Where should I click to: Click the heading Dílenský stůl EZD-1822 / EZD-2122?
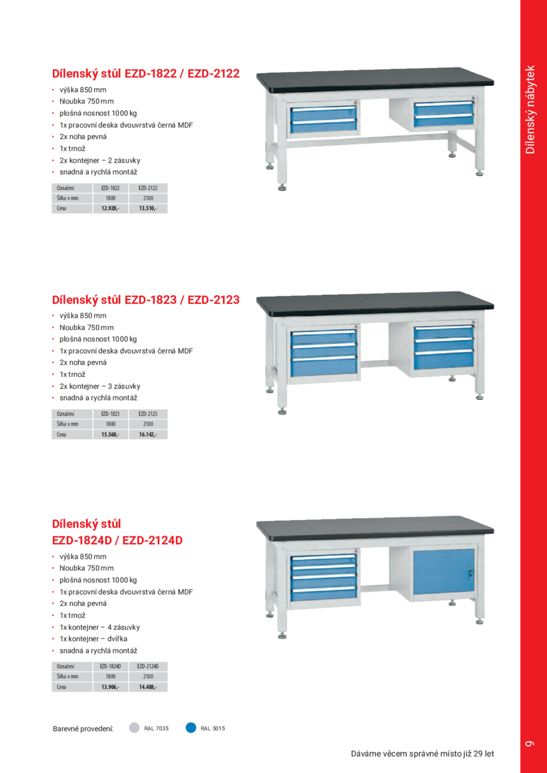(146, 74)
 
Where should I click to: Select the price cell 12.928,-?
(110, 209)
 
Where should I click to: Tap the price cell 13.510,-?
(148, 209)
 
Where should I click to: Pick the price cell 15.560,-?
(110, 435)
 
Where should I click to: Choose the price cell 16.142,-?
(148, 435)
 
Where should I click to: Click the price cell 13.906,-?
(110, 687)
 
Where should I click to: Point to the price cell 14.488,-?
(148, 687)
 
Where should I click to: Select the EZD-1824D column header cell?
(110, 666)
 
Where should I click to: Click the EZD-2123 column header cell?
(148, 414)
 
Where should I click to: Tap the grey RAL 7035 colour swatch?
(134, 728)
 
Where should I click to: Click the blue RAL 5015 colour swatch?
(190, 728)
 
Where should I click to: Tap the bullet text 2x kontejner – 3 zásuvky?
(100, 386)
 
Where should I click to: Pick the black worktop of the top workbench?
(375, 78)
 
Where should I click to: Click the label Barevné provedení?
(83, 729)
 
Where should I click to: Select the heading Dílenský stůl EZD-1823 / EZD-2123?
(146, 299)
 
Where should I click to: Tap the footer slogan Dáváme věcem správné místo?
(422, 754)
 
